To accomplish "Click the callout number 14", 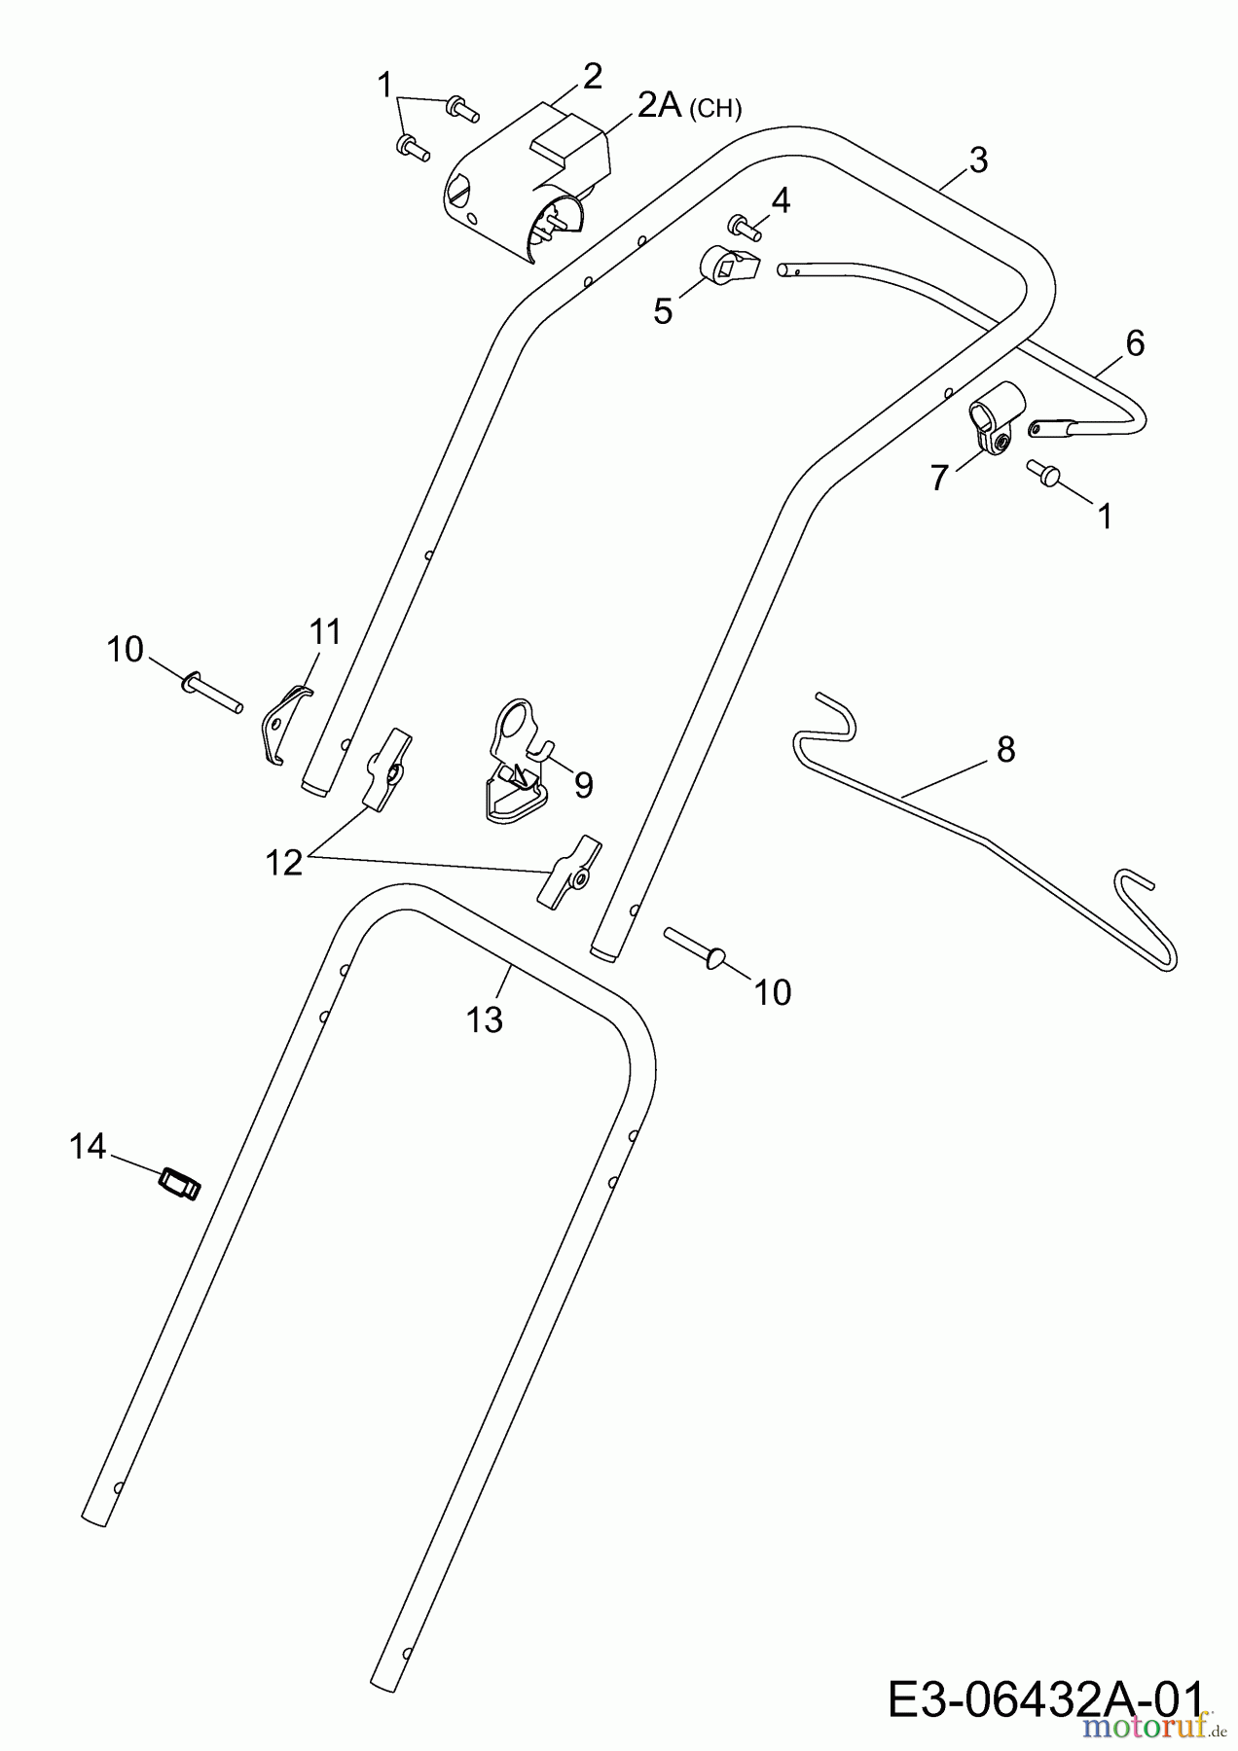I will click(87, 1147).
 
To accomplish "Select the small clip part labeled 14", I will click(178, 1184).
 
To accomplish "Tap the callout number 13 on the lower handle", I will click(484, 1019).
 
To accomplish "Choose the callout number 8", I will click(1005, 749).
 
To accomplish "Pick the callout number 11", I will click(325, 632).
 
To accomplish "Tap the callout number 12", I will click(284, 862).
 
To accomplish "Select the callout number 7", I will click(938, 478).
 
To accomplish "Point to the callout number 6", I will click(1135, 342).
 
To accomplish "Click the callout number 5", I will click(663, 311).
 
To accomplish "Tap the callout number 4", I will click(780, 201).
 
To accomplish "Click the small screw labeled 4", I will click(746, 228).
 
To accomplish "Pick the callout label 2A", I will click(659, 104).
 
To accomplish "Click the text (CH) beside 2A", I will click(714, 108).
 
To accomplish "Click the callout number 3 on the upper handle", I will click(978, 160).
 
